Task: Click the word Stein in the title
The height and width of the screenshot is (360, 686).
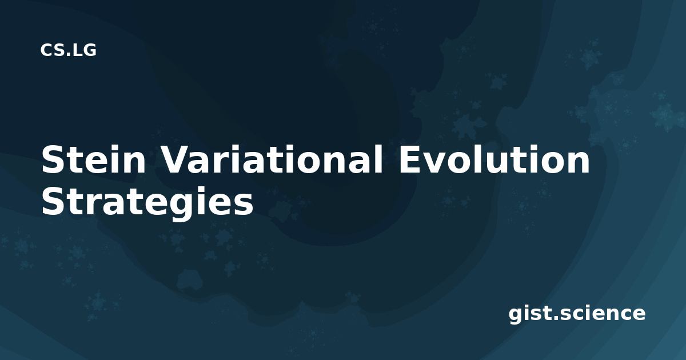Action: click(93, 159)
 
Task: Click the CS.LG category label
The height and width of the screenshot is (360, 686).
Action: click(68, 50)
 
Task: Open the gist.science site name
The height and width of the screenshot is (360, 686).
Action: click(577, 314)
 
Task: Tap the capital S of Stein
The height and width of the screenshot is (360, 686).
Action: click(53, 159)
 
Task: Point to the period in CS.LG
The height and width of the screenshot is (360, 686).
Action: click(70, 54)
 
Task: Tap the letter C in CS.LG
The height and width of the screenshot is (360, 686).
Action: click(47, 50)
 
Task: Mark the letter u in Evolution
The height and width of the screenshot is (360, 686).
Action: click(504, 163)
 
